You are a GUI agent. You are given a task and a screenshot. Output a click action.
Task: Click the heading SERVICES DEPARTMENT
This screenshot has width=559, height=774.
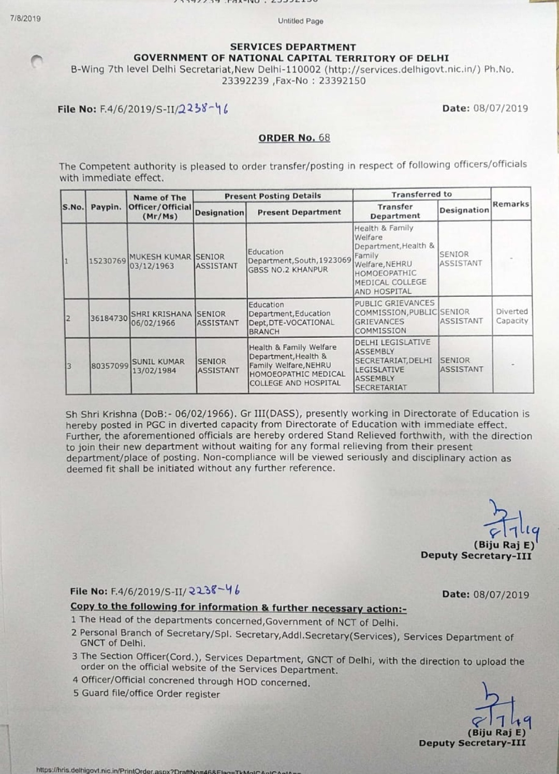pyautogui.click(x=293, y=47)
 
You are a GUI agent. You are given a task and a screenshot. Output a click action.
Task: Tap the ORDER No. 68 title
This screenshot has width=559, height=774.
pyautogui.click(x=294, y=138)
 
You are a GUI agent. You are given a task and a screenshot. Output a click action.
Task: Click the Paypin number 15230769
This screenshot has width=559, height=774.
pyautogui.click(x=107, y=261)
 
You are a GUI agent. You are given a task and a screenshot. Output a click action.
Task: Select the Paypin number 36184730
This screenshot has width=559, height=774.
pyautogui.click(x=109, y=318)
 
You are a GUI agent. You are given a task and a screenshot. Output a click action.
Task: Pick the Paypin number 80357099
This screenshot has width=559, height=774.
pyautogui.click(x=110, y=366)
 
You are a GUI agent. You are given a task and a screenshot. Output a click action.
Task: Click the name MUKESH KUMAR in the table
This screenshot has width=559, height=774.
pyautogui.click(x=160, y=256)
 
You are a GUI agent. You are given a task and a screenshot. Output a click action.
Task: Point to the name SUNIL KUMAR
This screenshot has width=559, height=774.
pyautogui.click(x=158, y=361)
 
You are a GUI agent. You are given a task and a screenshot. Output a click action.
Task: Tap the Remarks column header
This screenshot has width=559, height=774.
pyautogui.click(x=510, y=204)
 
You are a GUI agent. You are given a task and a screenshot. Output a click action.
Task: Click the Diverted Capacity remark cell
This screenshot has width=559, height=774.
pyautogui.click(x=512, y=316)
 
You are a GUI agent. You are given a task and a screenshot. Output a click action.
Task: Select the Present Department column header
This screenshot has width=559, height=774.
pyautogui.click(x=299, y=212)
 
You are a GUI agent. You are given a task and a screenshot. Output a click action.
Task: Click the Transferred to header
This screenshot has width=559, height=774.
pyautogui.click(x=421, y=194)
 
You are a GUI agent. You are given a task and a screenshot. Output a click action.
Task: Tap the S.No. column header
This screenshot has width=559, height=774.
pyautogui.click(x=73, y=207)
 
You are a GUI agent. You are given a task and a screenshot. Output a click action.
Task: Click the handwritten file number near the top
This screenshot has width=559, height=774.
pyautogui.click(x=202, y=109)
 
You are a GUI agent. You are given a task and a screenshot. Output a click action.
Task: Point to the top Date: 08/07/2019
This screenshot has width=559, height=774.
pyautogui.click(x=485, y=108)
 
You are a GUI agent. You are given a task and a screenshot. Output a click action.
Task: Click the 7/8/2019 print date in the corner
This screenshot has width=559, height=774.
pyautogui.click(x=25, y=19)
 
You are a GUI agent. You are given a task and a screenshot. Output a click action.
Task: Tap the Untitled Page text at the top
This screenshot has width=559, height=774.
pyautogui.click(x=300, y=21)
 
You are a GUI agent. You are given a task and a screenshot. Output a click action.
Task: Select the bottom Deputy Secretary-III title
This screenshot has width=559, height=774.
pyautogui.click(x=472, y=743)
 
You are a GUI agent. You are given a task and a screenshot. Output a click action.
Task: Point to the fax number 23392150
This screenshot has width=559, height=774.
pyautogui.click(x=342, y=81)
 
